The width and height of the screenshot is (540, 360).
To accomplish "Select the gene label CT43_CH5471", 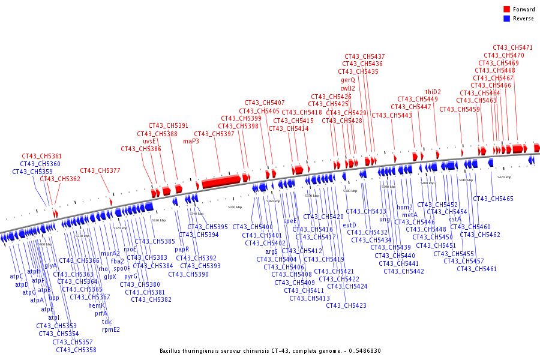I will coord(512,47).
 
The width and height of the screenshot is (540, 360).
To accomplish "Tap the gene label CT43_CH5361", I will coord(42,156).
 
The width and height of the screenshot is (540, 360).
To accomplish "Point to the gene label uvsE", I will coord(149,142).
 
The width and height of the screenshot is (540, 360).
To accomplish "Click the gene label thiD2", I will coord(433,92).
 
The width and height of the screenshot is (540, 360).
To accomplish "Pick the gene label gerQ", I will coord(348,80).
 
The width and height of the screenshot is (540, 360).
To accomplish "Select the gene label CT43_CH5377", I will coord(100,170).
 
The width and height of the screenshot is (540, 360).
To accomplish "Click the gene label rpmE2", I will coord(111,329).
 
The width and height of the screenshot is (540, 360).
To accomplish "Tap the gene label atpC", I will coord(16,277).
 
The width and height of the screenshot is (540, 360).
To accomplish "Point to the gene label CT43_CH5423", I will coord(346,305).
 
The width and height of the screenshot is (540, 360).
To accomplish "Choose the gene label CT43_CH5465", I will coord(493,199).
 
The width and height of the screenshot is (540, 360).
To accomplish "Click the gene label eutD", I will coord(349,225).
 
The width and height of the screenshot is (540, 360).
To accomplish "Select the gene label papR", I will coord(182,250).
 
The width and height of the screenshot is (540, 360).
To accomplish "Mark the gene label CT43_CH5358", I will coord(76,350).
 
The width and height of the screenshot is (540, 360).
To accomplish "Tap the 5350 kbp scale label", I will coord(236,207).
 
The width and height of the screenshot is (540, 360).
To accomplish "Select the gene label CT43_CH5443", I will coord(392,115).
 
